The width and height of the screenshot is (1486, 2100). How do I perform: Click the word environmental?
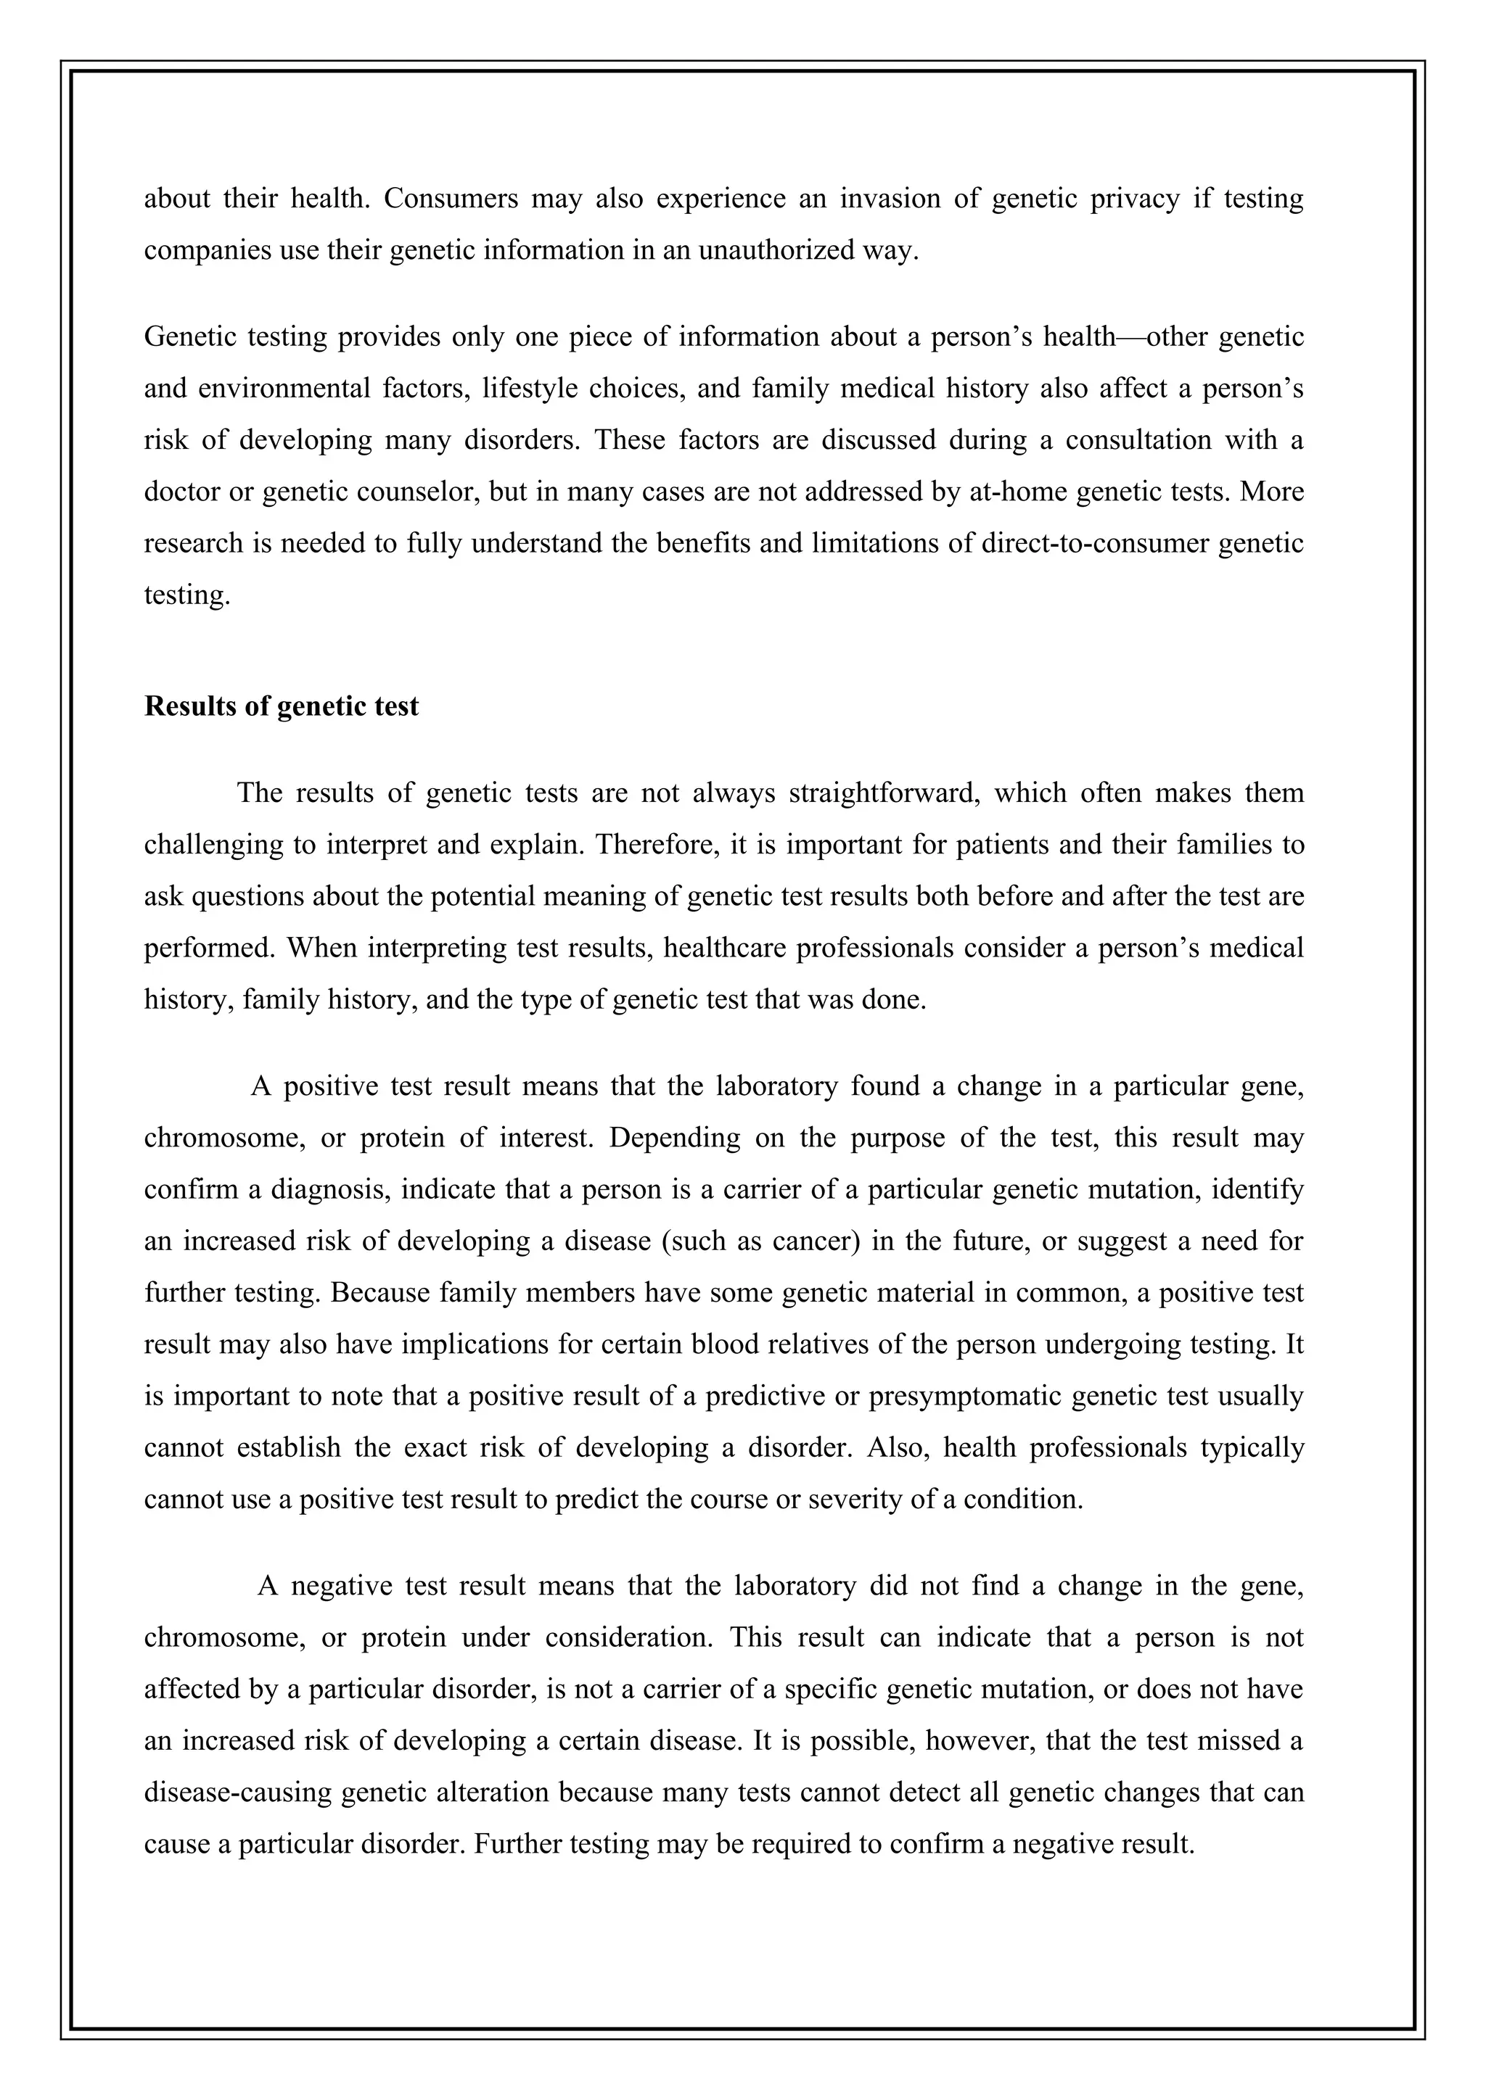(283, 389)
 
